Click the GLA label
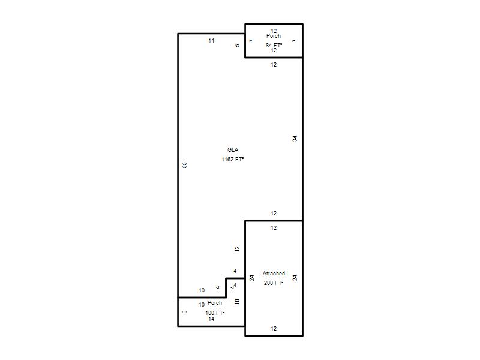point(233,149)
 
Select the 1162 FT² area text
point(233,159)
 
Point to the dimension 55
point(185,165)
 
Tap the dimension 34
point(295,139)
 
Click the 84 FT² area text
point(274,46)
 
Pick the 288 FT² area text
point(274,283)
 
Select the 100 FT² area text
point(215,313)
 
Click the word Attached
point(274,274)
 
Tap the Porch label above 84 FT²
point(274,36)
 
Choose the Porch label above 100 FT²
point(215,303)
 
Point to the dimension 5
point(237,46)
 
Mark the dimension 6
point(184,312)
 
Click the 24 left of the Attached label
point(251,278)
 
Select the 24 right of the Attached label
point(295,278)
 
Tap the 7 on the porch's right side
point(295,41)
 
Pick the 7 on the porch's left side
point(251,41)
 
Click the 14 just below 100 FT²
point(211,319)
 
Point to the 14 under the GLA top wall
point(211,41)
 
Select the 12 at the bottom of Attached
point(274,328)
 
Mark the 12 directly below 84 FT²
point(274,50)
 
